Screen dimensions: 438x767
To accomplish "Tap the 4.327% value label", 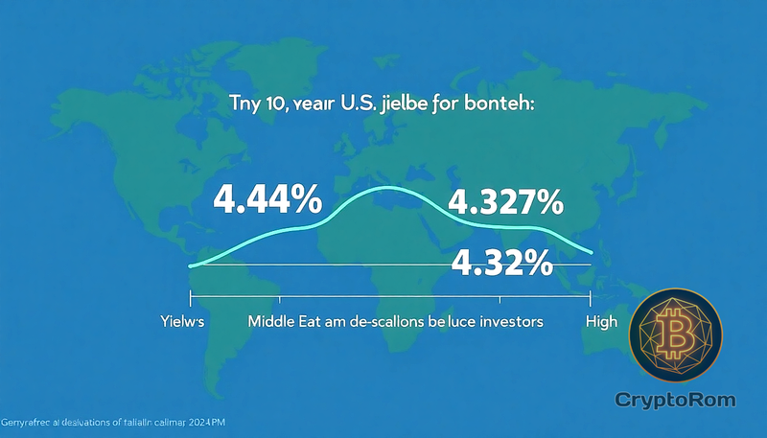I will (506, 203).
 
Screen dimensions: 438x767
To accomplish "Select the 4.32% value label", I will (502, 262).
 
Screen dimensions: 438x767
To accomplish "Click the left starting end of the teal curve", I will (192, 265).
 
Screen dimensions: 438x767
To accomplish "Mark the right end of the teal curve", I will (593, 252).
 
